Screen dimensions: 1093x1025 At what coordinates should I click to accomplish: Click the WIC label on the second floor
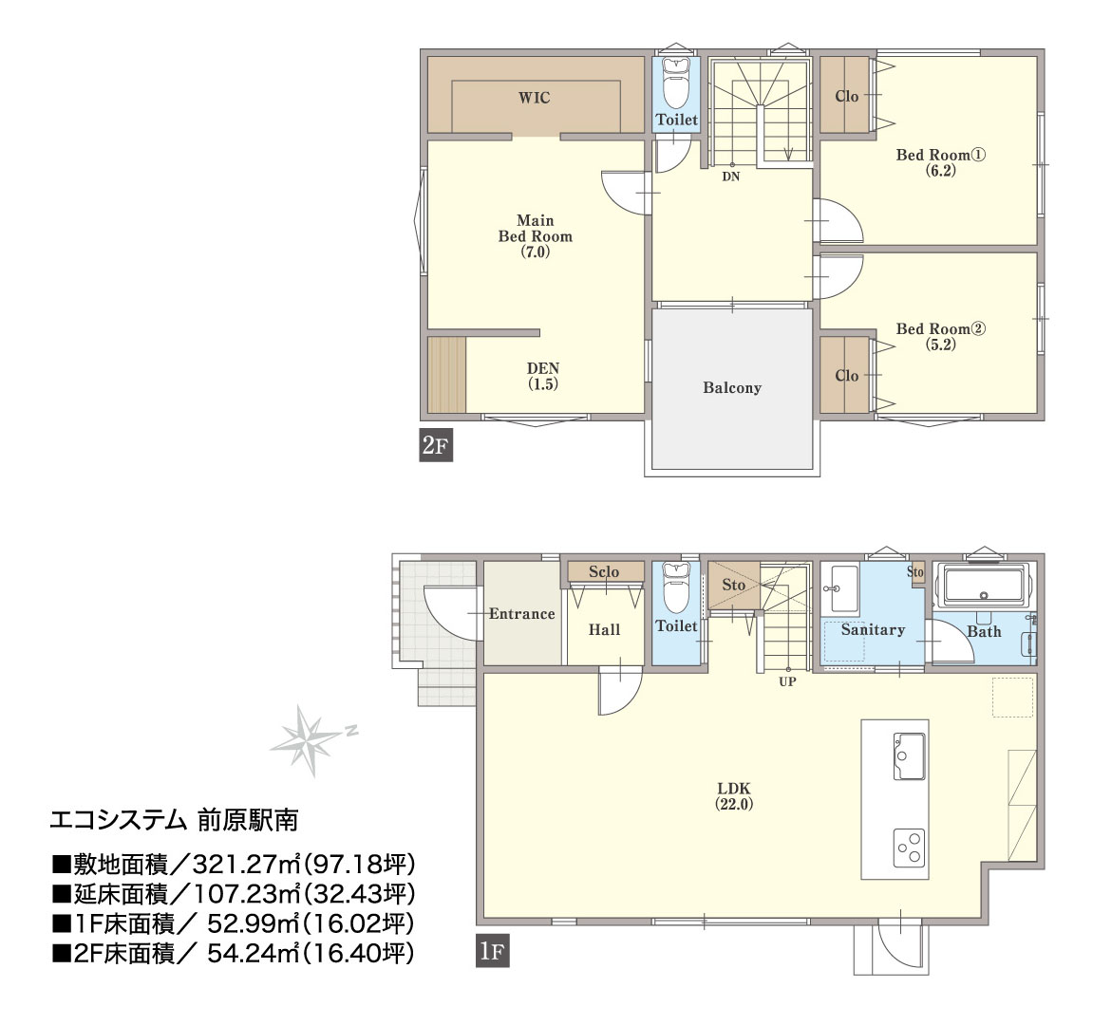pos(534,98)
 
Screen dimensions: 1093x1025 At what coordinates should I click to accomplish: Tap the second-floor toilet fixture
pos(675,83)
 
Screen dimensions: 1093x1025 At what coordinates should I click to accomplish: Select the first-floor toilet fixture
pos(675,588)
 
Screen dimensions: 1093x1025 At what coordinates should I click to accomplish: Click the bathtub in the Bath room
pos(984,587)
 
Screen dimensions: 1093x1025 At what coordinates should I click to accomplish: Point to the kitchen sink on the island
pos(910,756)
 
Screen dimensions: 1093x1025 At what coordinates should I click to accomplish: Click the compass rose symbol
pos(307,740)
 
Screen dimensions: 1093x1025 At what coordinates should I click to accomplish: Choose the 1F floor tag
pos(492,951)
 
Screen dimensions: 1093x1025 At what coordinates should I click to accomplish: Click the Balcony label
pos(732,388)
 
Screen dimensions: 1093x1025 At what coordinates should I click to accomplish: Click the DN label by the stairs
pos(730,177)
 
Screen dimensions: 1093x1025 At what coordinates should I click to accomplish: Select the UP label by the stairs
pos(787,681)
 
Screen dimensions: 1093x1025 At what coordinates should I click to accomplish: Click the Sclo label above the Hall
pos(604,572)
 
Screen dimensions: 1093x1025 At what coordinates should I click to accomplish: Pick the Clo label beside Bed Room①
pos(846,96)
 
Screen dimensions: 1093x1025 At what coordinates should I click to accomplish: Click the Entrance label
pos(522,614)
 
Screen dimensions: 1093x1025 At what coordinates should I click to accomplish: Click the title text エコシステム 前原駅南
pos(175,820)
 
